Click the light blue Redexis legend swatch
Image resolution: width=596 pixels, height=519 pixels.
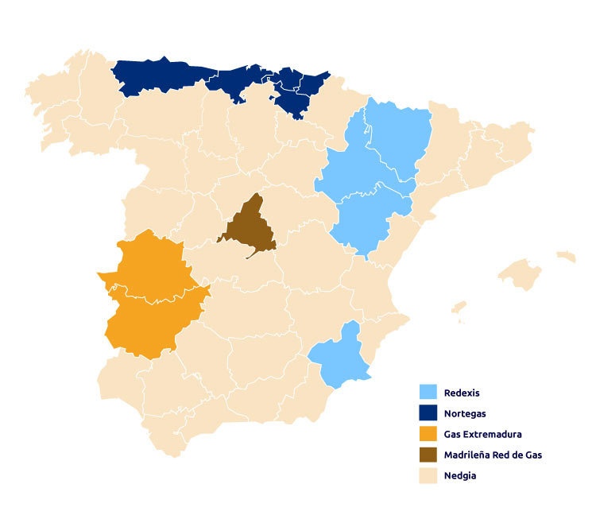coord(428,393)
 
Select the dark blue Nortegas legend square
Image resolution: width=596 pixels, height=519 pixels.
coord(428,413)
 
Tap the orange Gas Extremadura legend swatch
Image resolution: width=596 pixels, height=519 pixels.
coord(428,434)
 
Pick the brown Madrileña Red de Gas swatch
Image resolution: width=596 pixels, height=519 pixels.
coord(428,455)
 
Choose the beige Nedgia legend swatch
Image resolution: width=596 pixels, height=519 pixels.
coord(428,475)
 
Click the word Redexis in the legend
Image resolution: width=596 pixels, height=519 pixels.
coord(462,393)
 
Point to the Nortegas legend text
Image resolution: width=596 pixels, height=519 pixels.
coord(466,413)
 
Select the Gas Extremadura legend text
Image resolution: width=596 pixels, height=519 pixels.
coord(483,434)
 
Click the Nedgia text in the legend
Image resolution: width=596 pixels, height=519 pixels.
coord(460,475)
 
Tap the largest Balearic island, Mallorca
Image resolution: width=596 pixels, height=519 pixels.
coord(521,274)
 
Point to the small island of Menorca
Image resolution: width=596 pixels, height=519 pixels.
coord(566,256)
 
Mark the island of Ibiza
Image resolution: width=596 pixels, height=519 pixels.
coord(459,307)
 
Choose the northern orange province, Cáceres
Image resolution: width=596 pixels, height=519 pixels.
coord(147,266)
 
